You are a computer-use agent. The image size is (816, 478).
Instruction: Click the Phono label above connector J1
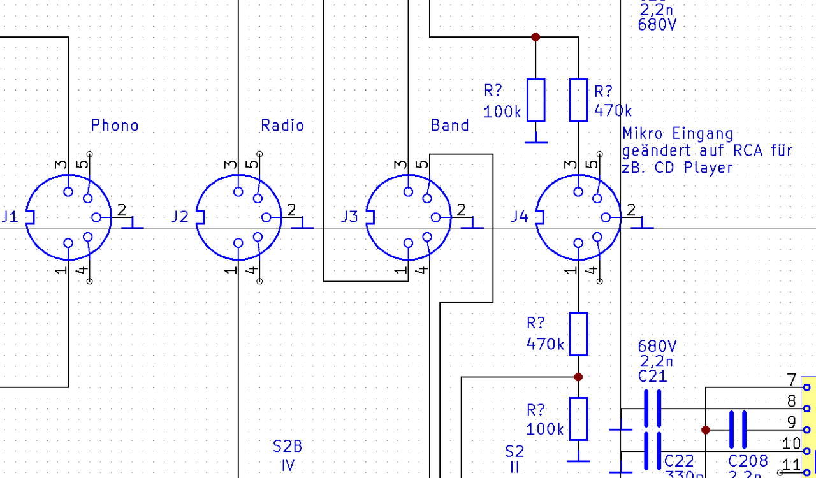pos(115,125)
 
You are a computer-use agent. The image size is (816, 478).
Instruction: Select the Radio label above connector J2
pos(282,125)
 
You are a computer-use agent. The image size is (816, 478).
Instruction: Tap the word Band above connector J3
pos(450,125)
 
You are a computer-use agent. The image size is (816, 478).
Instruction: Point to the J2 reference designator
pos(180,217)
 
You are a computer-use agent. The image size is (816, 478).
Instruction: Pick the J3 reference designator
pos(349,217)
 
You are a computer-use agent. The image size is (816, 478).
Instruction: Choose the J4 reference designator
pos(520,217)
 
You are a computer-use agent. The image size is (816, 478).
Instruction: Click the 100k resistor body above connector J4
pos(535,100)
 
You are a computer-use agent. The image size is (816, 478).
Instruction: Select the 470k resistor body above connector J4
pos(578,100)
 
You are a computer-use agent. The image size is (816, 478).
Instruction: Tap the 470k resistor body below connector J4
pos(578,333)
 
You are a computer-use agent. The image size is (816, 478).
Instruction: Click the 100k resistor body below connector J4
pos(578,419)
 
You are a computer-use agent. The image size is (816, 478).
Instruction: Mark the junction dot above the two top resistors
pos(535,37)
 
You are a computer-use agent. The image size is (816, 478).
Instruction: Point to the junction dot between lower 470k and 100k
pos(578,377)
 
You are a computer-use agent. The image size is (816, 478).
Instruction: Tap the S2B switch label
pos(288,447)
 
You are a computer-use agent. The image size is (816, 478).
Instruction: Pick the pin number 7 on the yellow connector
pos(792,380)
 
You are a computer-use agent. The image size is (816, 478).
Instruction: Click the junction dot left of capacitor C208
pos(706,430)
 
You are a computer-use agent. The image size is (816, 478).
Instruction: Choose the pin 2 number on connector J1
pos(122,209)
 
